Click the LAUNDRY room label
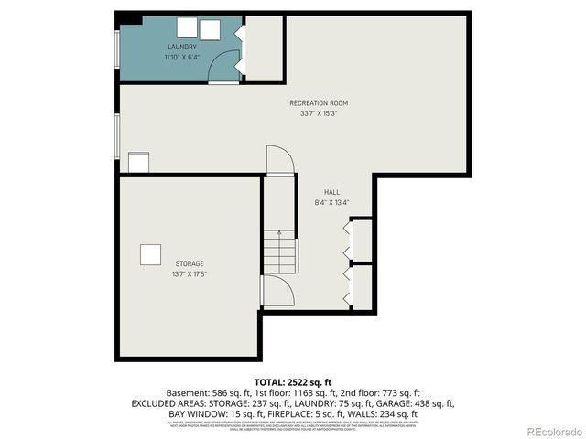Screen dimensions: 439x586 pyautogui.click(x=181, y=47)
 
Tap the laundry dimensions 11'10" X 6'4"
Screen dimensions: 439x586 pyautogui.click(x=181, y=58)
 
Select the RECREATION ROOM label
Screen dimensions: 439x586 pyautogui.click(x=319, y=103)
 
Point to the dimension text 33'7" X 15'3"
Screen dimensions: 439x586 pyautogui.click(x=319, y=114)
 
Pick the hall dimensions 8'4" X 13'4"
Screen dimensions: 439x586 pyautogui.click(x=331, y=203)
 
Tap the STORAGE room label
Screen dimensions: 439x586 pyautogui.click(x=190, y=263)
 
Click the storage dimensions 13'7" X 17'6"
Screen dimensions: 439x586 pyautogui.click(x=190, y=274)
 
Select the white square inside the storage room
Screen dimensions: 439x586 pyautogui.click(x=150, y=254)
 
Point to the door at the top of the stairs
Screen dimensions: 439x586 pyautogui.click(x=280, y=160)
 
